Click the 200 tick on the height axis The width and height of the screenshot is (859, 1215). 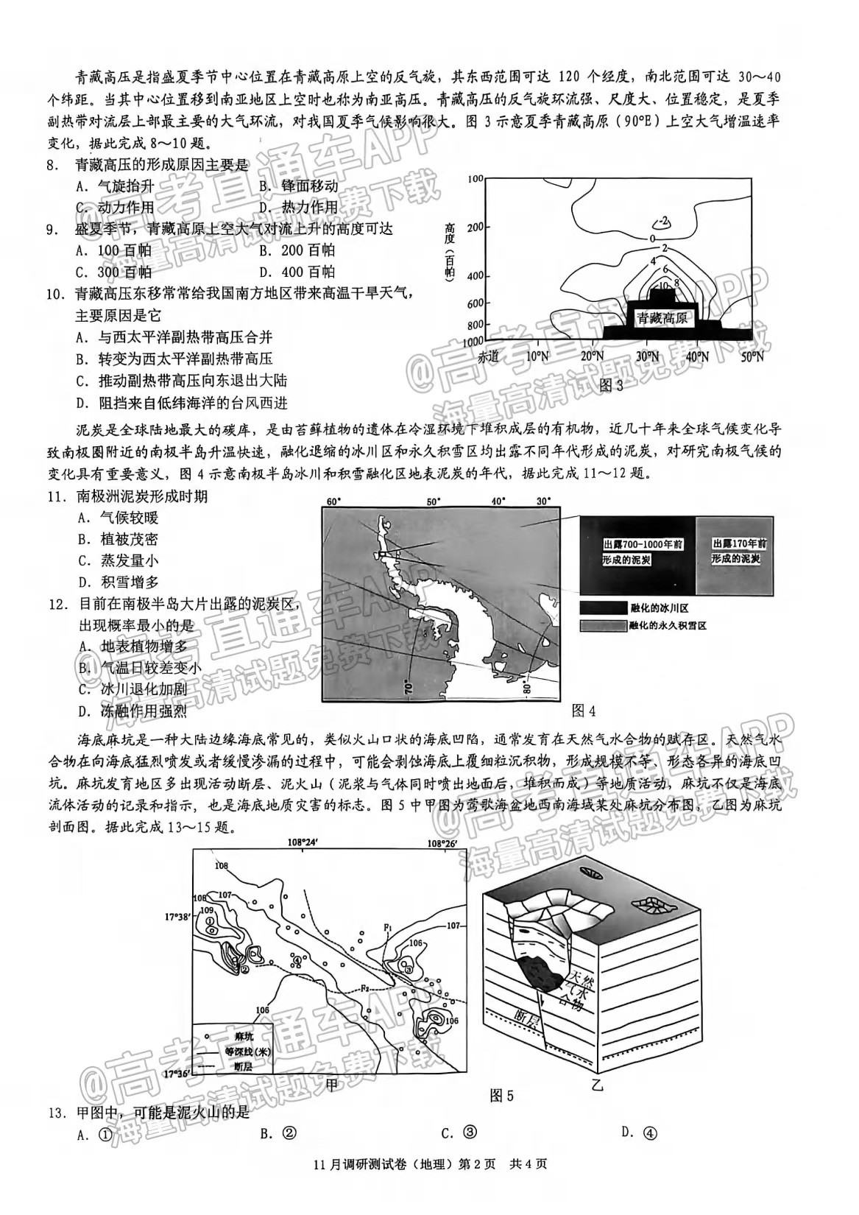[x=475, y=227]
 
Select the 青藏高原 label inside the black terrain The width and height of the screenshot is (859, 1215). [x=662, y=318]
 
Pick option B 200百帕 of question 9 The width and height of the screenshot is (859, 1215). [x=297, y=250]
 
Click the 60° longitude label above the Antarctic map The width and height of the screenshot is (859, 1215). [x=333, y=502]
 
